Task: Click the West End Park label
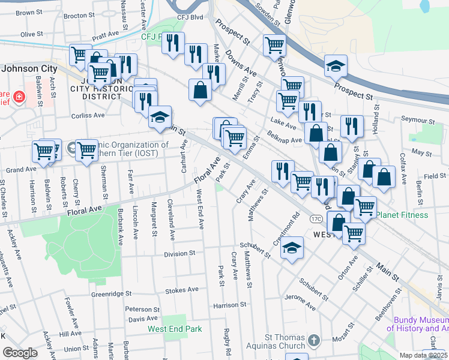(x=175, y=329)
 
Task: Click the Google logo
(x=20, y=353)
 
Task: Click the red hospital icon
(x=19, y=96)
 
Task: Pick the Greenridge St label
(x=111, y=294)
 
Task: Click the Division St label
(x=179, y=254)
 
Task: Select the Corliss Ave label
(x=88, y=115)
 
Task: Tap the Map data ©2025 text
(x=423, y=355)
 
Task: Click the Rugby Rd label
(x=228, y=340)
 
